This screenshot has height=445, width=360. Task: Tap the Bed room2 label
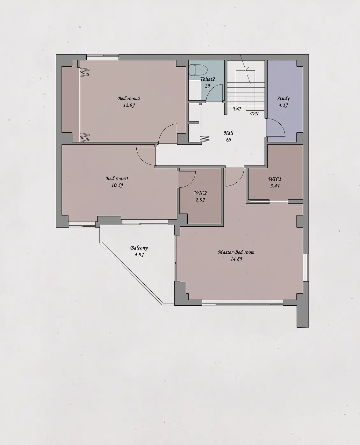click(129, 98)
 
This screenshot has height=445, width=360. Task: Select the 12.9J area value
click(129, 105)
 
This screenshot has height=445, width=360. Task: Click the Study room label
click(283, 98)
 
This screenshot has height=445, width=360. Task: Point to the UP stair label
click(237, 109)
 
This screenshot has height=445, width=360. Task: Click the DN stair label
click(255, 113)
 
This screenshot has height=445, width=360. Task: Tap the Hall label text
click(229, 133)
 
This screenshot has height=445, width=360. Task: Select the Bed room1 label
click(117, 179)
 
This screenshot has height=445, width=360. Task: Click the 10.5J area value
click(117, 185)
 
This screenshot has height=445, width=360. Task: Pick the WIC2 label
click(200, 193)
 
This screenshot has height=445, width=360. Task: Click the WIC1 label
click(275, 179)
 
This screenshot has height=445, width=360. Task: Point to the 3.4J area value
click(275, 186)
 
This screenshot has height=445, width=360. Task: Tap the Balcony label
click(139, 248)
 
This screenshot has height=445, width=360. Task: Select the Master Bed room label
click(236, 252)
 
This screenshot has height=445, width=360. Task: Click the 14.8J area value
click(236, 259)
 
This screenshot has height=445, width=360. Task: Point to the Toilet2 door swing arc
click(211, 89)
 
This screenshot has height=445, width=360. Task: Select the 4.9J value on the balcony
click(139, 255)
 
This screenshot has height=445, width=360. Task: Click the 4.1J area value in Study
click(283, 105)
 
